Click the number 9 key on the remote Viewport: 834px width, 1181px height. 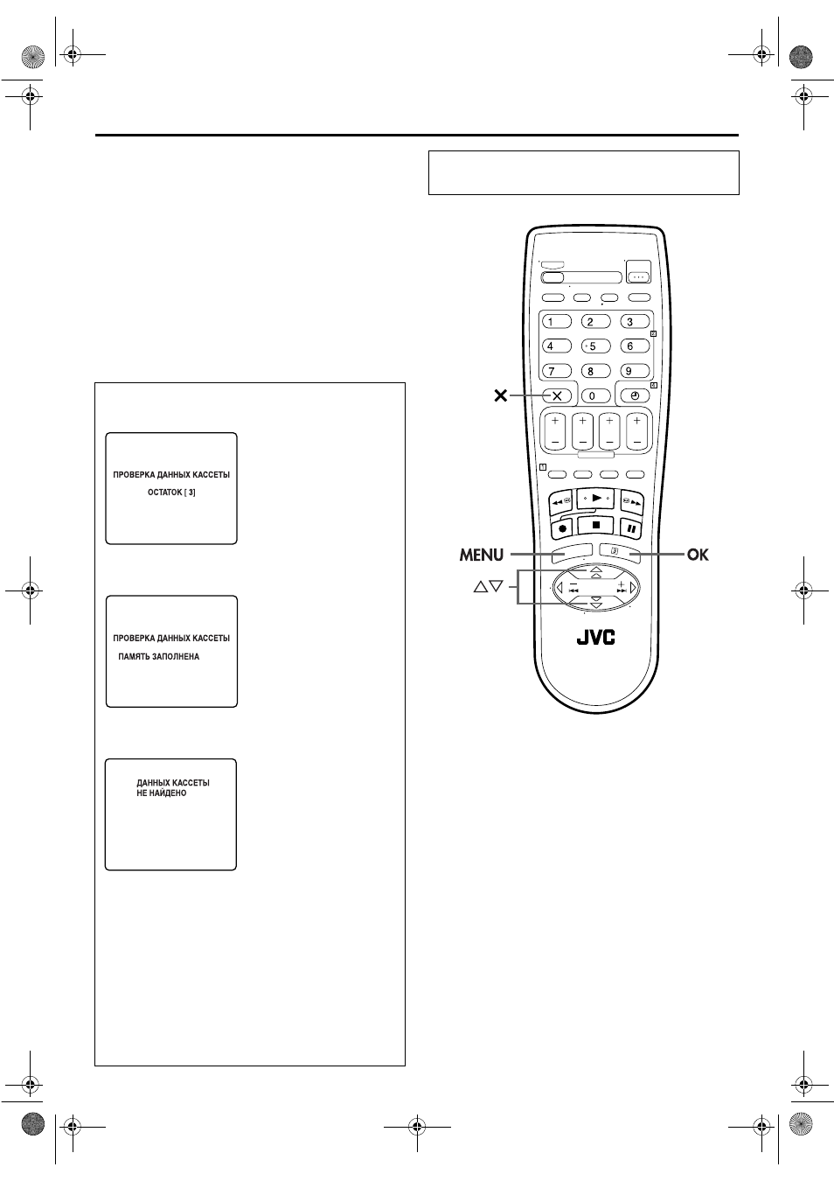(x=635, y=371)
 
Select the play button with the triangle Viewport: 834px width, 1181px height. (x=596, y=499)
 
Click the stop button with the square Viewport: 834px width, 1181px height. (x=596, y=525)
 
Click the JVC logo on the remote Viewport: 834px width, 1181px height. (x=596, y=638)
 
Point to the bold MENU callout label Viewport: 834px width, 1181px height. (x=482, y=555)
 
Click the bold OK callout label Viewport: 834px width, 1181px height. (x=698, y=555)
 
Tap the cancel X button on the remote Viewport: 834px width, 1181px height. (x=557, y=395)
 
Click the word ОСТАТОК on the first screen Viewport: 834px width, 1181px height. (x=165, y=492)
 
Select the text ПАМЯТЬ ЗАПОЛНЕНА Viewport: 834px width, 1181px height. (x=158, y=656)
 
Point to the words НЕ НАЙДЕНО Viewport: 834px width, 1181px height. (x=161, y=793)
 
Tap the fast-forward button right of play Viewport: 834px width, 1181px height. (x=632, y=502)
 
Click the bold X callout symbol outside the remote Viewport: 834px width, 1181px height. (x=501, y=395)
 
